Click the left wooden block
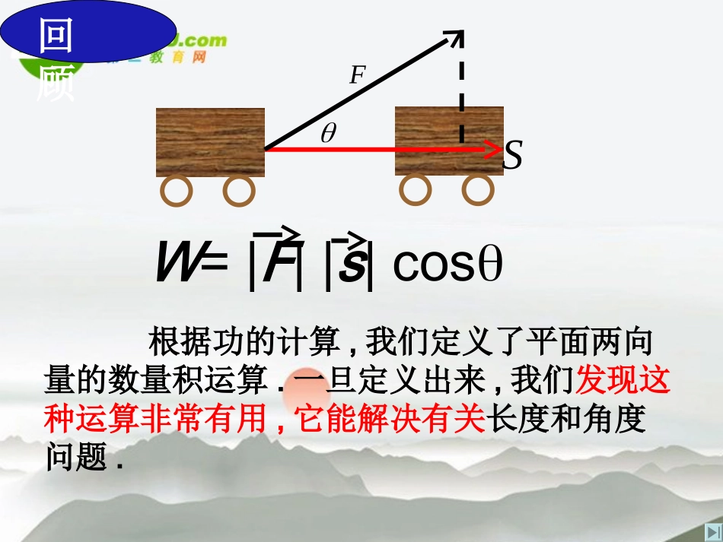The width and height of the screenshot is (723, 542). click(210, 142)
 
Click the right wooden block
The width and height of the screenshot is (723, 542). click(449, 141)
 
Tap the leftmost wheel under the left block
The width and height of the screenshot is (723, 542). click(177, 192)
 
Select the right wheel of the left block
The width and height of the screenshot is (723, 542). click(238, 192)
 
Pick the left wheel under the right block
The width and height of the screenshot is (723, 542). click(416, 190)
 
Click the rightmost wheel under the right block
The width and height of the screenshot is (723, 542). click(478, 190)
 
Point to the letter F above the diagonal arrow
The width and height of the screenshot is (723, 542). click(357, 75)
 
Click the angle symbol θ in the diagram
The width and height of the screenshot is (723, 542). click(328, 134)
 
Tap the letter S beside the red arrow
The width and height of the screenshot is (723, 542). click(514, 156)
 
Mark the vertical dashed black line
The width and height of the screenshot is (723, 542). click(461, 91)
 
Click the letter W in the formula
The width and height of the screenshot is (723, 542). click(177, 263)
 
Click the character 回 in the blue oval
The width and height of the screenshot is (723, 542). click(55, 36)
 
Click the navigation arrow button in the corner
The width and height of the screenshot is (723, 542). click(711, 531)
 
